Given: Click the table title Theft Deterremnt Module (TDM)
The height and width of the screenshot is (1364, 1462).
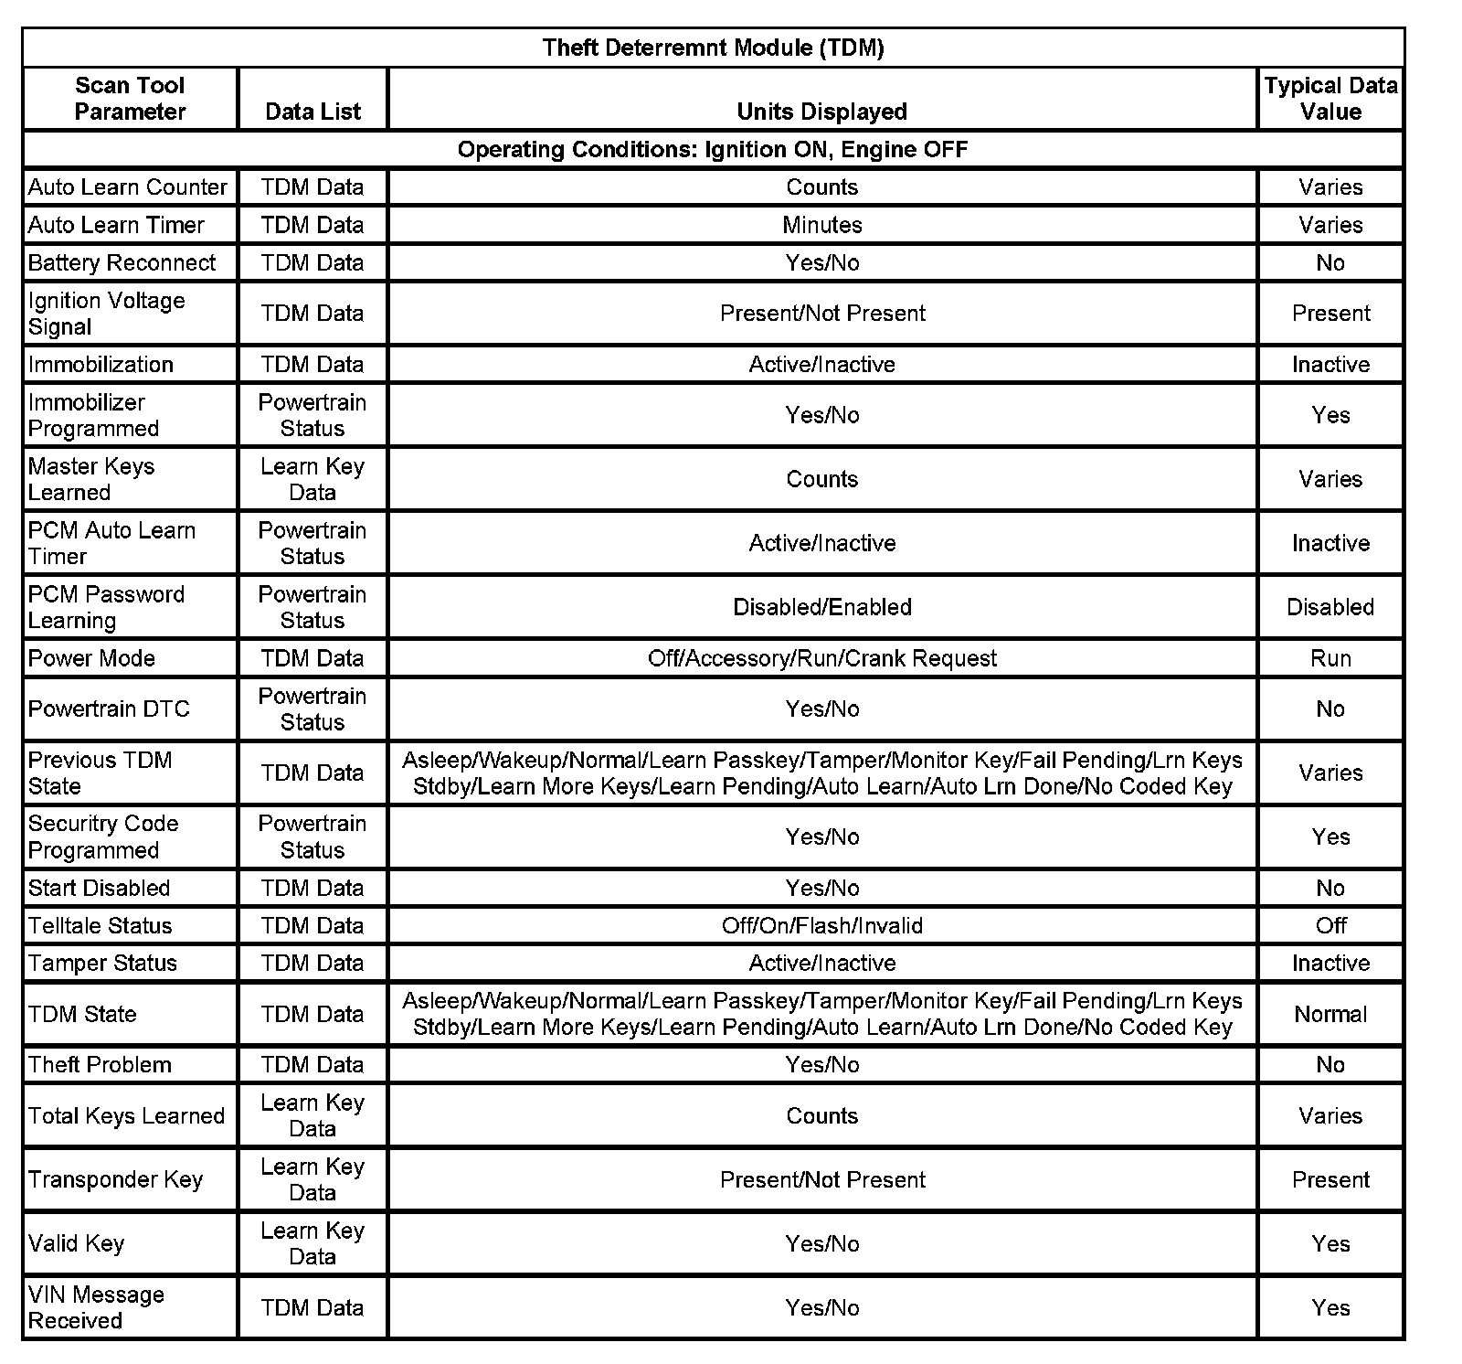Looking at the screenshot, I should [x=713, y=48].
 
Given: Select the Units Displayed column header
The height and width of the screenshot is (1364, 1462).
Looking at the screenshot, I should [x=821, y=112].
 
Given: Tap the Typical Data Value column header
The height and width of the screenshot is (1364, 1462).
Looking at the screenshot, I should [x=1330, y=99].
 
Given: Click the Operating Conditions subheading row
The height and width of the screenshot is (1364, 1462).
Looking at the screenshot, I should [x=713, y=149].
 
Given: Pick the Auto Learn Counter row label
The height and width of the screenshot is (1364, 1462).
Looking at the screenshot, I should [x=127, y=187].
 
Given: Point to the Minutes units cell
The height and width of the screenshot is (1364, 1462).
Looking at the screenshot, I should [x=821, y=225].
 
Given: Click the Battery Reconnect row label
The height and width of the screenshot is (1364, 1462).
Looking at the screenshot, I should [x=122, y=263].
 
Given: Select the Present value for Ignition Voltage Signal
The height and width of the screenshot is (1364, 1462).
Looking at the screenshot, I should [x=1330, y=314].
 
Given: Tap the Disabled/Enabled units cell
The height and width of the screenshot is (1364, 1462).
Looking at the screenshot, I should [x=821, y=607].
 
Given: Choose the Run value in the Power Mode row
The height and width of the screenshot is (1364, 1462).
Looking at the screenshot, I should [x=1330, y=658].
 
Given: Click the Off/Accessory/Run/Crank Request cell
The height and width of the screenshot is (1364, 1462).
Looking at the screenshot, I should [x=821, y=658].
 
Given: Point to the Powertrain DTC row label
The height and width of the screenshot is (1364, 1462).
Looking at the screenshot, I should [x=109, y=709].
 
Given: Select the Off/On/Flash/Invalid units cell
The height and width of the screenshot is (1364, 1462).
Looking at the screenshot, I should [x=821, y=925].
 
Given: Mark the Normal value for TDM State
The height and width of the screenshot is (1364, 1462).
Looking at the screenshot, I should [x=1330, y=1014].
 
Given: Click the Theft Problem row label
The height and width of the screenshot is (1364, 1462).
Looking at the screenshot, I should [x=100, y=1065].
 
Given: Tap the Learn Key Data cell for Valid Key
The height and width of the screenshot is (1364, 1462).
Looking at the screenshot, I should [x=313, y=1243].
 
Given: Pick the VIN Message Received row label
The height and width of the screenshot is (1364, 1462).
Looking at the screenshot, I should [x=96, y=1307].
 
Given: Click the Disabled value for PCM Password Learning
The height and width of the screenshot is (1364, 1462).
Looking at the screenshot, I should [x=1330, y=607].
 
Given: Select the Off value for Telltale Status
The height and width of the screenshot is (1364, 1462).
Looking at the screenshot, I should [x=1330, y=925].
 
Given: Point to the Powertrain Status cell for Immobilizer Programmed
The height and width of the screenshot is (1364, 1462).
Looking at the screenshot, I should [x=313, y=415].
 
